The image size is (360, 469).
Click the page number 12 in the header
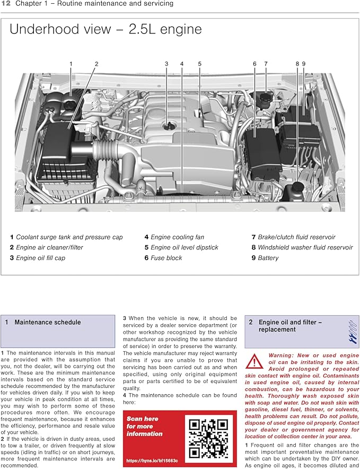pos(6,4)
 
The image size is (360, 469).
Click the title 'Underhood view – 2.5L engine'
pos(106,29)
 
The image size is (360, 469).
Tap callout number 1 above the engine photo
pos(71,64)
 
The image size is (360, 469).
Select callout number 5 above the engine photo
pos(200,64)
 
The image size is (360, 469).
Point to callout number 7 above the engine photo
pos(266,64)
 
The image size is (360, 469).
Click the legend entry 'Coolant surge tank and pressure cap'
pos(69,237)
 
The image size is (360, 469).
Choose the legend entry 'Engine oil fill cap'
pos(40,258)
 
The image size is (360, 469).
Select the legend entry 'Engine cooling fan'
pos(177,237)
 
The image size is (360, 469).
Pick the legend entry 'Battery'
pos(268,258)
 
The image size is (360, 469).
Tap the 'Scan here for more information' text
pos(144,426)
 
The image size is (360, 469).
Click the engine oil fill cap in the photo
pos(166,125)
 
